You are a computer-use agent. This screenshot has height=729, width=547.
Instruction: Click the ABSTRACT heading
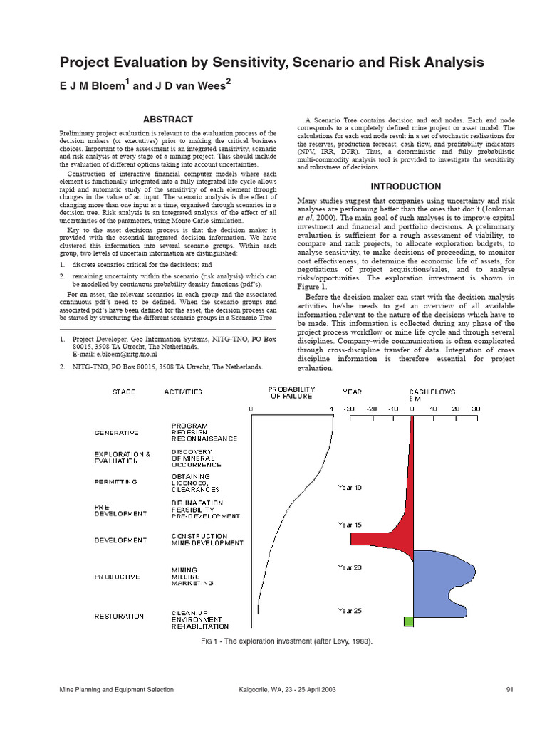click(167, 119)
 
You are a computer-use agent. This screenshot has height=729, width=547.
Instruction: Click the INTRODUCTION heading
click(406, 187)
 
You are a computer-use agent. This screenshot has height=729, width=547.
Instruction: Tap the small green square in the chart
click(408, 622)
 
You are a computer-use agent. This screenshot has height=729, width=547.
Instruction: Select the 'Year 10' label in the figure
click(350, 488)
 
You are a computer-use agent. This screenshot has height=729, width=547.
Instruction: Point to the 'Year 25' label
click(350, 611)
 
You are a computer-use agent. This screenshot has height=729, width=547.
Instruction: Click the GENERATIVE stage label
click(117, 432)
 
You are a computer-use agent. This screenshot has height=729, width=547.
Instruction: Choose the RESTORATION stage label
click(119, 617)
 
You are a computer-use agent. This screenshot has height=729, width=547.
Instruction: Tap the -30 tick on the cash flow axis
click(349, 409)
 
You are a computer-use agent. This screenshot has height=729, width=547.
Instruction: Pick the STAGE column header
click(124, 392)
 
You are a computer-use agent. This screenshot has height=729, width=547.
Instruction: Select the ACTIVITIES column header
click(183, 392)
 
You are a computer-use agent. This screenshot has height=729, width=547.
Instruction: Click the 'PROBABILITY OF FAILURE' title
click(292, 392)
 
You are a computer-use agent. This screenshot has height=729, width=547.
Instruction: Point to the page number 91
click(509, 689)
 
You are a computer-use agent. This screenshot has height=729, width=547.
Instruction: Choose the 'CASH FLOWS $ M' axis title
click(432, 395)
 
